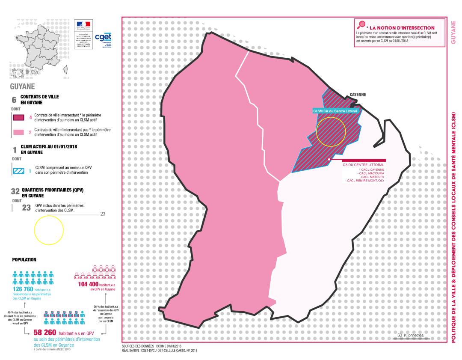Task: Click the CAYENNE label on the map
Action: tap(358, 95)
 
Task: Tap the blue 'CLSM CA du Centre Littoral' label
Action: tap(335, 111)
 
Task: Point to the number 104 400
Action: tap(89, 284)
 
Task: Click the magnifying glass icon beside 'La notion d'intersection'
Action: tap(361, 25)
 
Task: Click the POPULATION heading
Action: tap(24, 259)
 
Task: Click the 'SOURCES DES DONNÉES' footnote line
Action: tap(152, 346)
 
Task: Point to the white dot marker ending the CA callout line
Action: tap(329, 159)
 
